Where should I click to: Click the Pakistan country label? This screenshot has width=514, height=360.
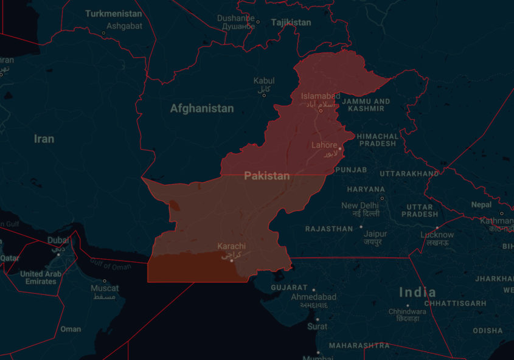(x=266, y=176)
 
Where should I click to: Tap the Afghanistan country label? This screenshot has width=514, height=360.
(x=201, y=109)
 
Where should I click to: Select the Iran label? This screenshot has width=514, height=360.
(x=44, y=139)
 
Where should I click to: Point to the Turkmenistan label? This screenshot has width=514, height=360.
(x=113, y=13)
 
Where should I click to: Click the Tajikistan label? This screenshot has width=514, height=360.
(x=291, y=22)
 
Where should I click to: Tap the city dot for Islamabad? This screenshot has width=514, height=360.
(x=321, y=111)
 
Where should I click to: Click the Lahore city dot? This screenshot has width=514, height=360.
(x=340, y=148)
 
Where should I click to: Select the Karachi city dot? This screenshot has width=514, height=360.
(x=231, y=260)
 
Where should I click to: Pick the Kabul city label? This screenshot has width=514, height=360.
(x=264, y=80)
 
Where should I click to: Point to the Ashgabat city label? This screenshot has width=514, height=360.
(x=124, y=26)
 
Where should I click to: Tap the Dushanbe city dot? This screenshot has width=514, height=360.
(x=258, y=22)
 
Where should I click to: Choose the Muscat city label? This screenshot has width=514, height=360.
(x=105, y=288)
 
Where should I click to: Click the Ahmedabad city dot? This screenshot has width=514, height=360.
(x=314, y=289)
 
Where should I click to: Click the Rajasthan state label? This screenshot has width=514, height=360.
(x=328, y=229)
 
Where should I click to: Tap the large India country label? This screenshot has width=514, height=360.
(x=417, y=292)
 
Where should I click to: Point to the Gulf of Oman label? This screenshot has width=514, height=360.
(x=109, y=265)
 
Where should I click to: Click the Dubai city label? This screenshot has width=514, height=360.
(x=58, y=240)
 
